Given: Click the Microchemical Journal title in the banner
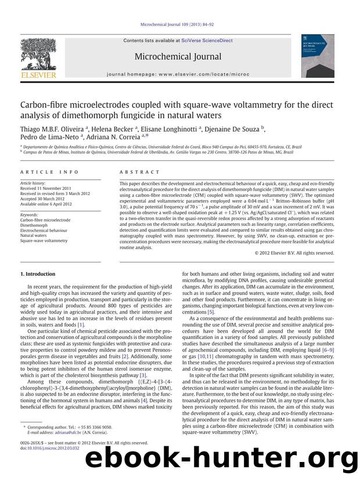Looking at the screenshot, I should (x=178, y=56).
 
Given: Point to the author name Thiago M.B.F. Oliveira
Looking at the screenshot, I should (x=51, y=130).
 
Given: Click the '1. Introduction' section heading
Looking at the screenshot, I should (x=38, y=273).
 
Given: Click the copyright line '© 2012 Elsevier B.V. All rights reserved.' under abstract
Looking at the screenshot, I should (x=295, y=252).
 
